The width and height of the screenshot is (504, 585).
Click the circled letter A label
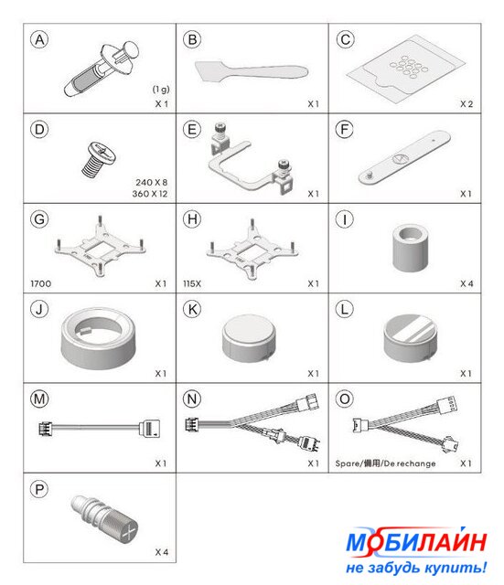click(x=39, y=40)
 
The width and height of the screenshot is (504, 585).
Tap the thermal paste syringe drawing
click(x=102, y=69)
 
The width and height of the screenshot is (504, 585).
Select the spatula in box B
click(x=252, y=71)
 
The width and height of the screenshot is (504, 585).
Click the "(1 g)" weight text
click(x=161, y=90)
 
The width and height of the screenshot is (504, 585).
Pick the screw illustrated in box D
click(x=98, y=158)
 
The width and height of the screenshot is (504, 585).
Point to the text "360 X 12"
click(x=150, y=194)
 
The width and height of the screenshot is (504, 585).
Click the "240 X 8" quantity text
click(x=152, y=183)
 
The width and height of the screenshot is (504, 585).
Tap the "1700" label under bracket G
click(x=40, y=284)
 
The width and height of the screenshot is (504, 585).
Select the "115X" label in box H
click(x=192, y=284)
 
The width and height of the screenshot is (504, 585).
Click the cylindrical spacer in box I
click(x=411, y=248)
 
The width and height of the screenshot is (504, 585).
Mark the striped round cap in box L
click(x=410, y=338)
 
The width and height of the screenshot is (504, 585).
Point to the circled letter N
click(x=192, y=399)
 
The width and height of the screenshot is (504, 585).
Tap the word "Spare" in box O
click(x=347, y=463)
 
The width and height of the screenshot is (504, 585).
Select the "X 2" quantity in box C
click(x=466, y=104)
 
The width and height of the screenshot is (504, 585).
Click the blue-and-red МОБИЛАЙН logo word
click(x=416, y=541)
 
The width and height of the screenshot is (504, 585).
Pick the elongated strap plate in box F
click(x=404, y=156)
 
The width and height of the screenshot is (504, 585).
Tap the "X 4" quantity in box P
click(x=162, y=552)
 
